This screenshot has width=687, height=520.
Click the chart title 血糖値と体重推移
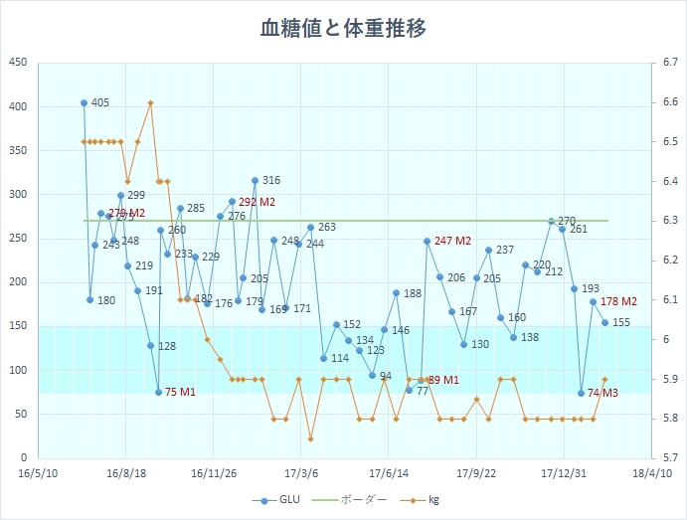343,28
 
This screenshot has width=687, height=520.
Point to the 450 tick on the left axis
18,63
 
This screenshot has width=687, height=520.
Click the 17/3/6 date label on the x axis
300,474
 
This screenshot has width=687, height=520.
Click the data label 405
99,102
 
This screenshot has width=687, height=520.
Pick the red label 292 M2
257,202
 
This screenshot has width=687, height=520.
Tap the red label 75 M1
180,393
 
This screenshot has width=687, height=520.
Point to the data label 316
270,181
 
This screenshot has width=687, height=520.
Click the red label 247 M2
452,241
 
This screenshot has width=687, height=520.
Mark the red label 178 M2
619,301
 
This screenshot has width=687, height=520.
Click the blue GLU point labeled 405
84,102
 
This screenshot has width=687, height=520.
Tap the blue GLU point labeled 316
255,181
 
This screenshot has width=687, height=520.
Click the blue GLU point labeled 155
604,322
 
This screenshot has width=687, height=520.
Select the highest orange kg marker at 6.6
150,102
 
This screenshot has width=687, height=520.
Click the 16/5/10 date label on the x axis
37,474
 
